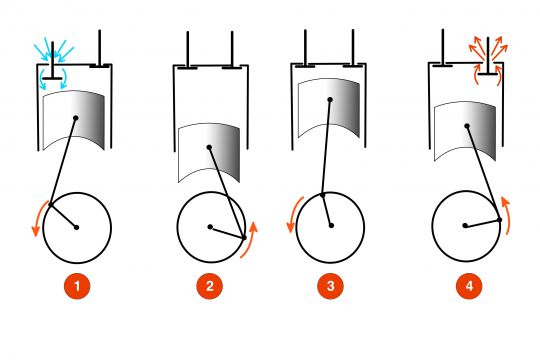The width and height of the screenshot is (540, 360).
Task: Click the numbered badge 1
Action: click(x=77, y=288)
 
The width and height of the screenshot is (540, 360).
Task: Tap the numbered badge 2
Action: click(x=209, y=288)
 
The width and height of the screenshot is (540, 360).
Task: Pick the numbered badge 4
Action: click(x=463, y=288)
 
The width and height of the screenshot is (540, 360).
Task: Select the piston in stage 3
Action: click(x=330, y=101)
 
